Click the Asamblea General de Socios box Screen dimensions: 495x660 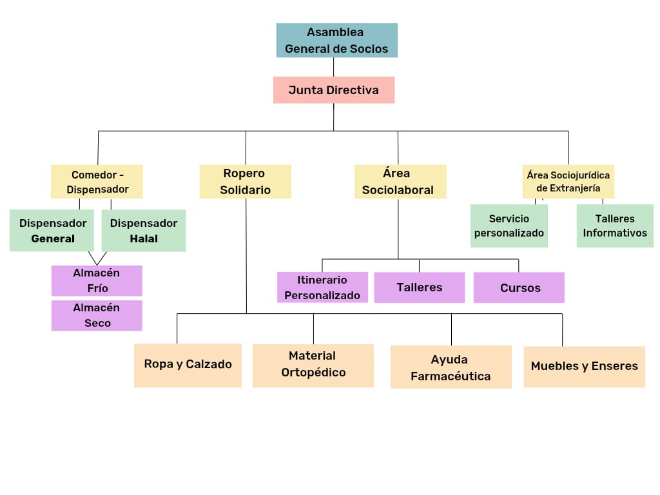(x=336, y=40)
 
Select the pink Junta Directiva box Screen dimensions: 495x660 (x=333, y=90)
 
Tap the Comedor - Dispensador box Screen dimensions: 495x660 (x=97, y=182)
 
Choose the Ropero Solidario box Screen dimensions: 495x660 (x=245, y=181)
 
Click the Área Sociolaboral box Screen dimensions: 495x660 (x=400, y=181)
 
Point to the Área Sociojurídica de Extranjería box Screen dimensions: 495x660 (x=568, y=181)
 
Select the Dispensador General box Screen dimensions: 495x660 (x=53, y=231)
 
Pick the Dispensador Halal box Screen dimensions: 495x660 (x=144, y=231)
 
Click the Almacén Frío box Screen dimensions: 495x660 (x=97, y=280)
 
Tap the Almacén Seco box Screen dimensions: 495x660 (x=97, y=315)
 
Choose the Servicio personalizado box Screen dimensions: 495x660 (x=509, y=226)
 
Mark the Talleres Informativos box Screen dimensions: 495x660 (x=615, y=226)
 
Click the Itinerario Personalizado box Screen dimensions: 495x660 (x=322, y=287)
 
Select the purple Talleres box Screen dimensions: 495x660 (x=419, y=287)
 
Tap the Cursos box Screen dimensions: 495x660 (x=519, y=287)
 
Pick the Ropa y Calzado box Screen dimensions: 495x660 (x=188, y=365)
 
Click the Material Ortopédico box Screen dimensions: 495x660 (x=313, y=365)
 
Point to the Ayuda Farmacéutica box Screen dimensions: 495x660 (x=451, y=367)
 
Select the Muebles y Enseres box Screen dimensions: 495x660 (x=584, y=366)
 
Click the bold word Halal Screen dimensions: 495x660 (x=144, y=239)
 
